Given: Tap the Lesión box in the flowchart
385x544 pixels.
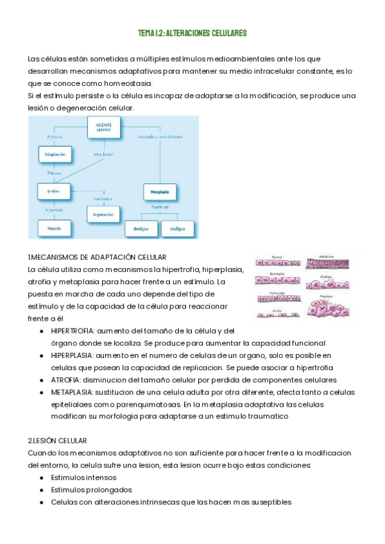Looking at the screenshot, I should [53, 191].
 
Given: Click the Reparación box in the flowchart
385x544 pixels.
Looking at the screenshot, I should [103, 214].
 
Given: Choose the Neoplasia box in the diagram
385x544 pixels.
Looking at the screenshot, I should [160, 191].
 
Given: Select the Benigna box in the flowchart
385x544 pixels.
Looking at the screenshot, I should [141, 228].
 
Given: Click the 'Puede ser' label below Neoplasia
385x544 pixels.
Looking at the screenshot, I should [160, 207].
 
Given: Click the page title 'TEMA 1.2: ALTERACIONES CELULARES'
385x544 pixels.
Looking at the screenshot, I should [193, 33].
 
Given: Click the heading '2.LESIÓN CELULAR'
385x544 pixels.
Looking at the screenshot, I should [57, 441].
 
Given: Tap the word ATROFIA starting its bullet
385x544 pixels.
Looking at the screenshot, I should [66, 379].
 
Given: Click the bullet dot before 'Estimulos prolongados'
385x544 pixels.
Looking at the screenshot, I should [42, 489].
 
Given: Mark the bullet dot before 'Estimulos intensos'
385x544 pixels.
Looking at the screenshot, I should [42, 477].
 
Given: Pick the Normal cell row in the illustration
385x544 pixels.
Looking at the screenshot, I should [277, 262].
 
